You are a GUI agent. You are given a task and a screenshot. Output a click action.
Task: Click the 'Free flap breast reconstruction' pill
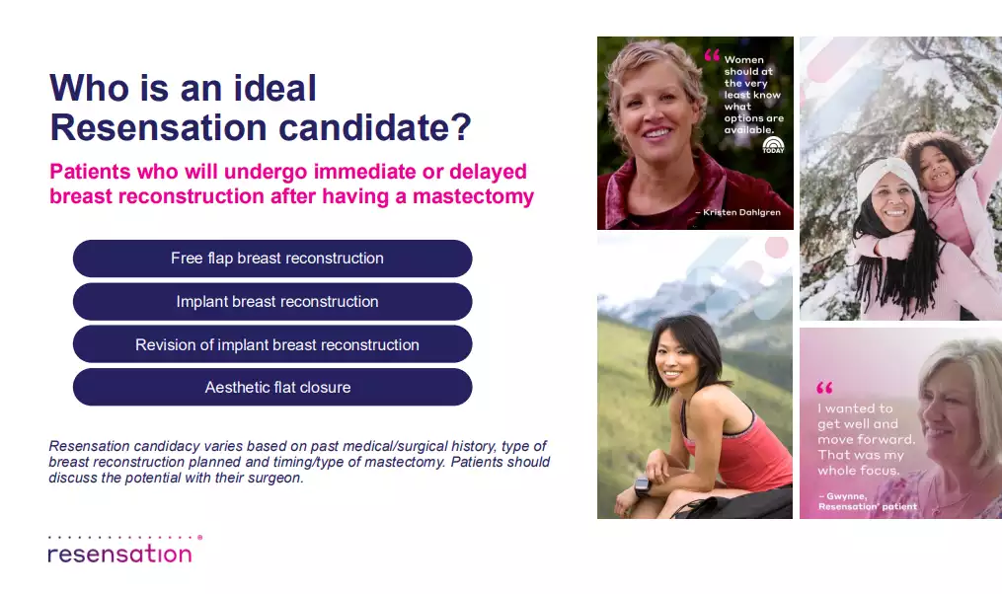272,259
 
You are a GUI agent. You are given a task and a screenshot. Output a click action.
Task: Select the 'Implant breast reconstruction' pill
272,302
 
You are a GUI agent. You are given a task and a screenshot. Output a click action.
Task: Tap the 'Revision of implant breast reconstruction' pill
272,344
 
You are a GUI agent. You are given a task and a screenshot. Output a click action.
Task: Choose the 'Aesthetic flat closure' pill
272,387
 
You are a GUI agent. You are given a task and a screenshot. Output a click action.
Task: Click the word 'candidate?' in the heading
374,127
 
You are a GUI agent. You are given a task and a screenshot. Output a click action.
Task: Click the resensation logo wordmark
120,554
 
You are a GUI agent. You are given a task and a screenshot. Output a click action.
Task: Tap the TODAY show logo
773,145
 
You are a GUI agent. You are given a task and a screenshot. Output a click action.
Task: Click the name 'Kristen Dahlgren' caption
742,212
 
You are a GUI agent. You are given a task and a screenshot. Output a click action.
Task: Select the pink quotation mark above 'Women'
712,55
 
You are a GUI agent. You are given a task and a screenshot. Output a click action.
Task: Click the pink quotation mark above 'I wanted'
824,387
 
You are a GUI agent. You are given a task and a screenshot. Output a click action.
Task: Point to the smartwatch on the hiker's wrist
642,486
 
